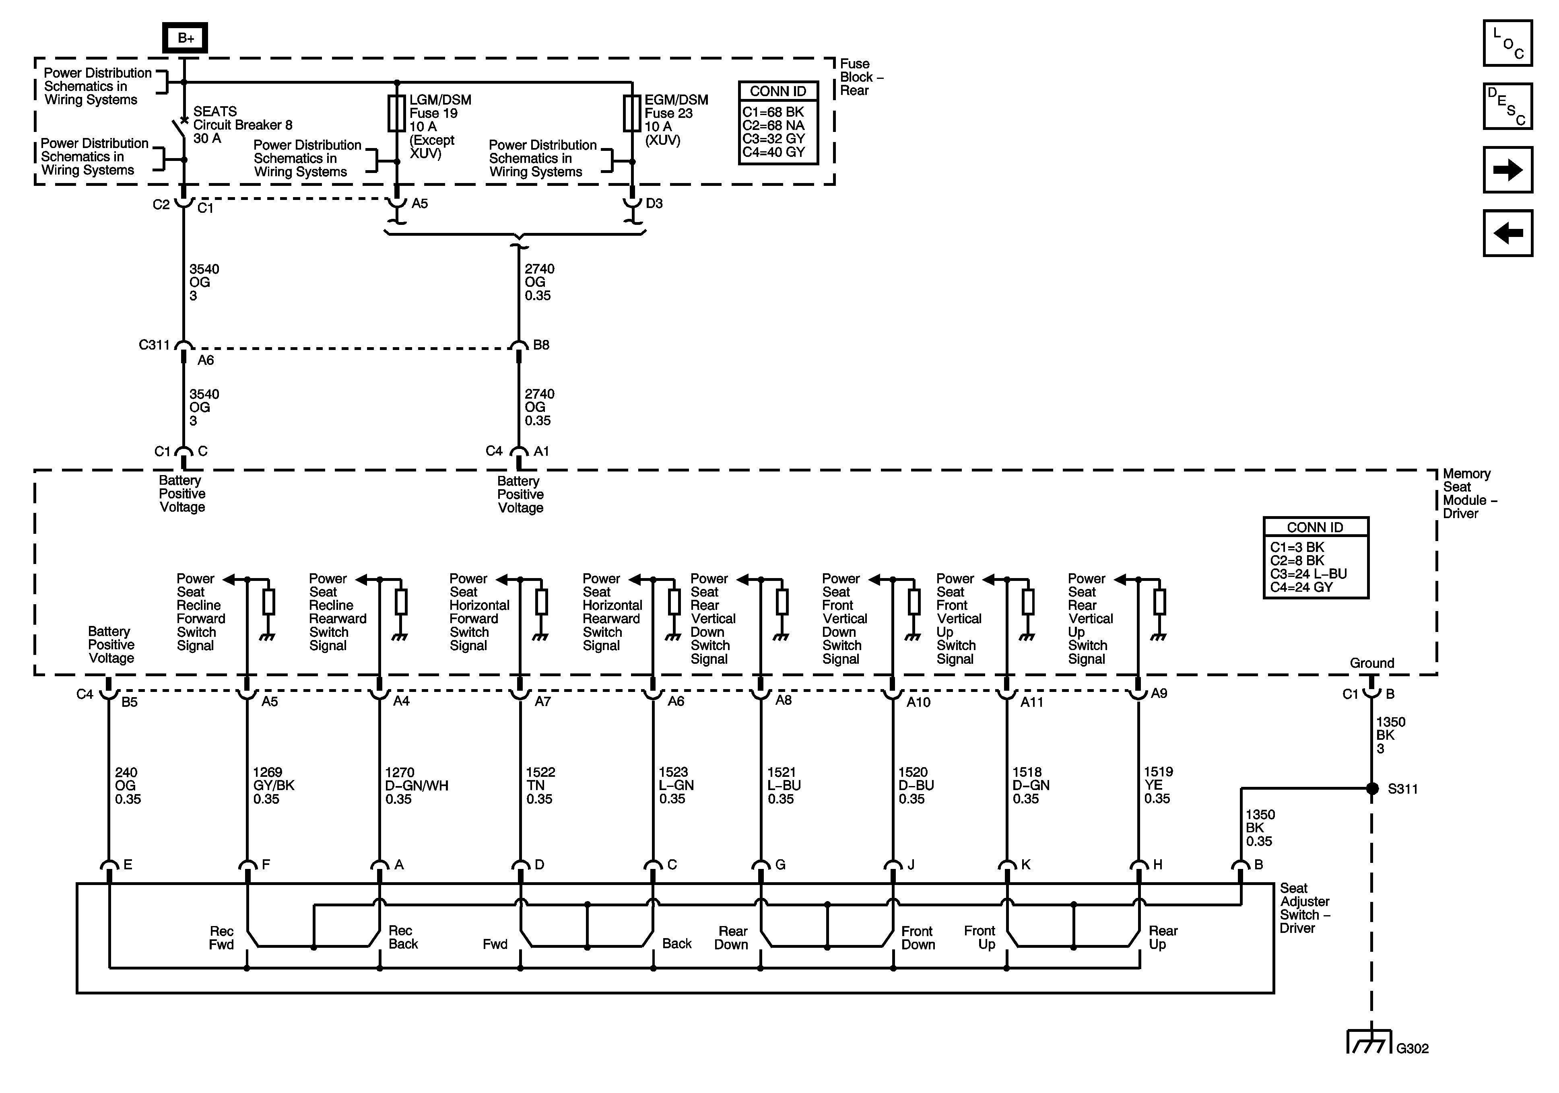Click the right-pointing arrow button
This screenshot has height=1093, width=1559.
[x=1507, y=170]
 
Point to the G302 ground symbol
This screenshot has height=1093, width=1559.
[x=1367, y=1044]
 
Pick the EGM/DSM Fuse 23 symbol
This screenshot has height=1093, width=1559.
[x=632, y=113]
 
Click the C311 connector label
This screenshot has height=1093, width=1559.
[x=154, y=345]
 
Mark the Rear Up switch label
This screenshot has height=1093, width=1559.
[x=1163, y=938]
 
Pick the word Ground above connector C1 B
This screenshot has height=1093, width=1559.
[x=1371, y=663]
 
